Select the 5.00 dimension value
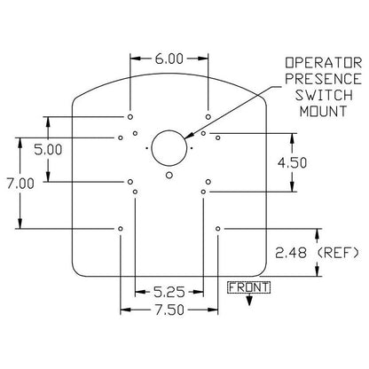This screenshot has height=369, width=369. (x=48, y=150)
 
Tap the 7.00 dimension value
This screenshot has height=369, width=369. (x=20, y=184)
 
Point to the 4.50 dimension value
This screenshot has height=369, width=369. (x=292, y=163)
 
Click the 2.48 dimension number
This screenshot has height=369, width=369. (x=291, y=253)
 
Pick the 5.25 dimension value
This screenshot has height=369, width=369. (x=169, y=293)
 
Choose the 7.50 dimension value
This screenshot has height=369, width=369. (x=169, y=310)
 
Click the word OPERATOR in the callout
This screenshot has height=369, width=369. (x=324, y=63)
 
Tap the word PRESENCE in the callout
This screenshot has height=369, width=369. (x=324, y=79)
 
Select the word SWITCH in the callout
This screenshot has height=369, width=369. (x=324, y=95)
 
